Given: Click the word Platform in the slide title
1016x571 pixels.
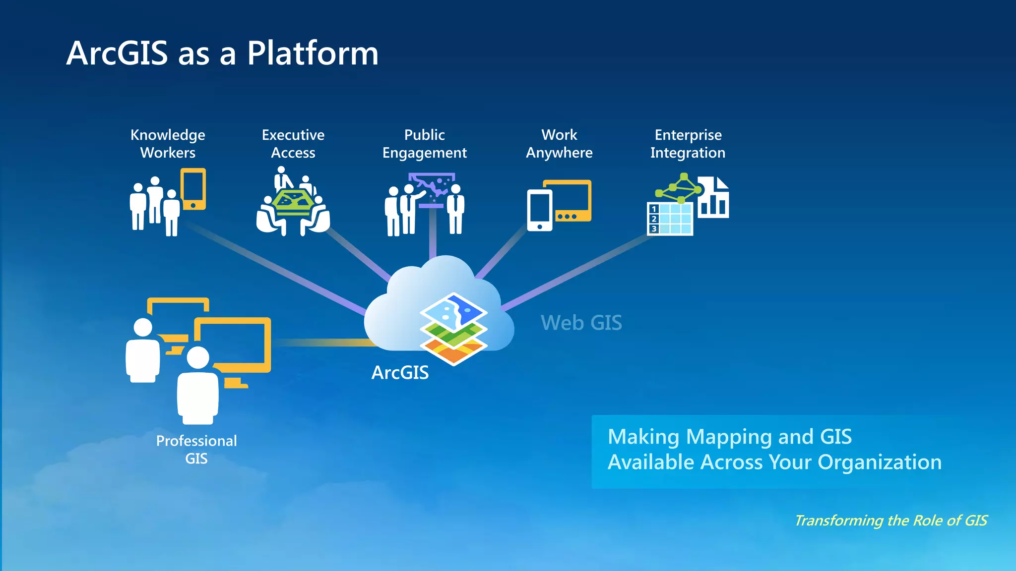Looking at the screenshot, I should point(313,53).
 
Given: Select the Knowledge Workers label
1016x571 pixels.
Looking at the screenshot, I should point(168,144).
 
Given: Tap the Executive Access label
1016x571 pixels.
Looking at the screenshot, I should point(293,144).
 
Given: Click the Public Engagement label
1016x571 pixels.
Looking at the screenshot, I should point(425,144).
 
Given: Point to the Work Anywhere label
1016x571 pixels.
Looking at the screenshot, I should point(559,144).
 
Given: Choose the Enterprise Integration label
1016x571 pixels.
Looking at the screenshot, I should point(688,144).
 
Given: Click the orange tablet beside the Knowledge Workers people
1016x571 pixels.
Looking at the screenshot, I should point(193,188).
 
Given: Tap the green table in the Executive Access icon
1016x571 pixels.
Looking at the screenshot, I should point(293,201).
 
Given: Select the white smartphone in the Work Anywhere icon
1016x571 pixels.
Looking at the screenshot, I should point(539,209).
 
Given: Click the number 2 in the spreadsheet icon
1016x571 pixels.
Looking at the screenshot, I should point(654,219).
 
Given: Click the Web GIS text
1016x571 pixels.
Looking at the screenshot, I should point(581,323).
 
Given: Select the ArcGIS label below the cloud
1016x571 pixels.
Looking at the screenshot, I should point(400,373).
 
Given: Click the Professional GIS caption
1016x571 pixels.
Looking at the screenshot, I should point(196,449).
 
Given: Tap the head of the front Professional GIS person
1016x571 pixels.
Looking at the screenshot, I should point(198,357).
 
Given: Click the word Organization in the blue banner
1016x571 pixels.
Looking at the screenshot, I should point(879,462).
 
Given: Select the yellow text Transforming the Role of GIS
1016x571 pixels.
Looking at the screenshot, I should point(890,520).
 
